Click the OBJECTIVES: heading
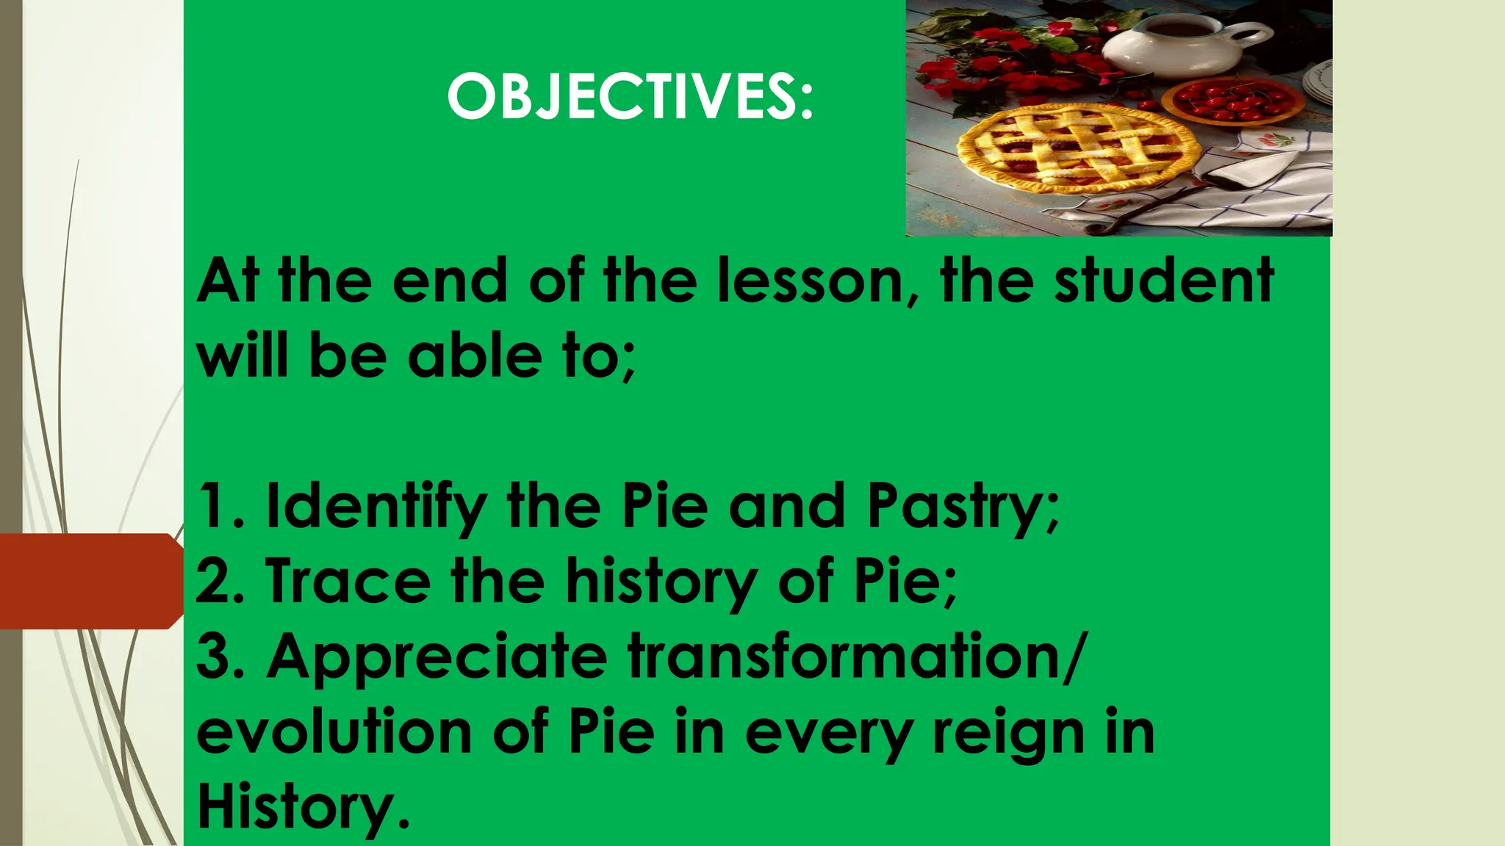click(x=631, y=97)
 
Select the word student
click(x=1164, y=281)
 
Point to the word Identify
click(x=376, y=506)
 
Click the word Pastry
click(x=963, y=506)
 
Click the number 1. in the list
click(x=221, y=506)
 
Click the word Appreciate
click(x=437, y=657)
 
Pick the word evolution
click(x=334, y=732)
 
